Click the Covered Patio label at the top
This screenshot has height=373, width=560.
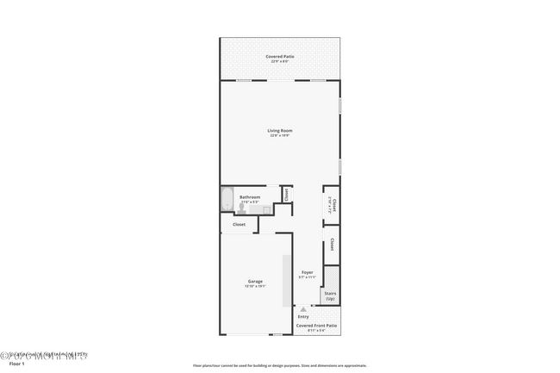tap(279, 56)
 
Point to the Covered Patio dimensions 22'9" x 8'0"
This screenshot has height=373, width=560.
tap(279, 61)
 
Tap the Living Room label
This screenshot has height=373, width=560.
tap(279, 131)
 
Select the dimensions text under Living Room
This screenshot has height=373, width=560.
tap(279, 136)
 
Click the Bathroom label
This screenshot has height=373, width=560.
tap(250, 196)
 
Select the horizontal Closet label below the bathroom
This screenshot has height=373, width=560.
tap(239, 225)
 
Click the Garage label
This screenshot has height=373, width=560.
tap(256, 281)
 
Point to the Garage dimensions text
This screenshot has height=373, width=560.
tap(256, 286)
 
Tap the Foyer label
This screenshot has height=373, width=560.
tap(307, 271)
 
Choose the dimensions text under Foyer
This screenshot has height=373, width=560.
tap(307, 277)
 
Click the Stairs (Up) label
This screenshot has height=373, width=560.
tap(330, 295)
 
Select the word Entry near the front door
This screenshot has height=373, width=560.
tap(302, 316)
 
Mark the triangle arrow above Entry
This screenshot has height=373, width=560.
tap(302, 308)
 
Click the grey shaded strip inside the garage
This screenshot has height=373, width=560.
tap(285, 281)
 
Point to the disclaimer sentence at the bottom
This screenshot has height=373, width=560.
tap(280, 365)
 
